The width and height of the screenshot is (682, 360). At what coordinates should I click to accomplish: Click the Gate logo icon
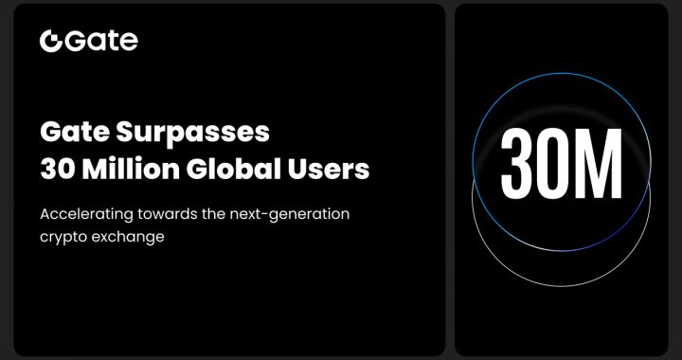[x=51, y=41]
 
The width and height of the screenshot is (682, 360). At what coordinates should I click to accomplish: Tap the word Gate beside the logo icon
[x=101, y=41]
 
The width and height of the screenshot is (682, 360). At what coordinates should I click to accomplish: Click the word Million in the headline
[x=123, y=171]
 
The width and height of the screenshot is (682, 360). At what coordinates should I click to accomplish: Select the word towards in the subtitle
[x=167, y=214]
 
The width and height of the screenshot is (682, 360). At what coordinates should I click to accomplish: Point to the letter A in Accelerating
[x=45, y=214]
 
